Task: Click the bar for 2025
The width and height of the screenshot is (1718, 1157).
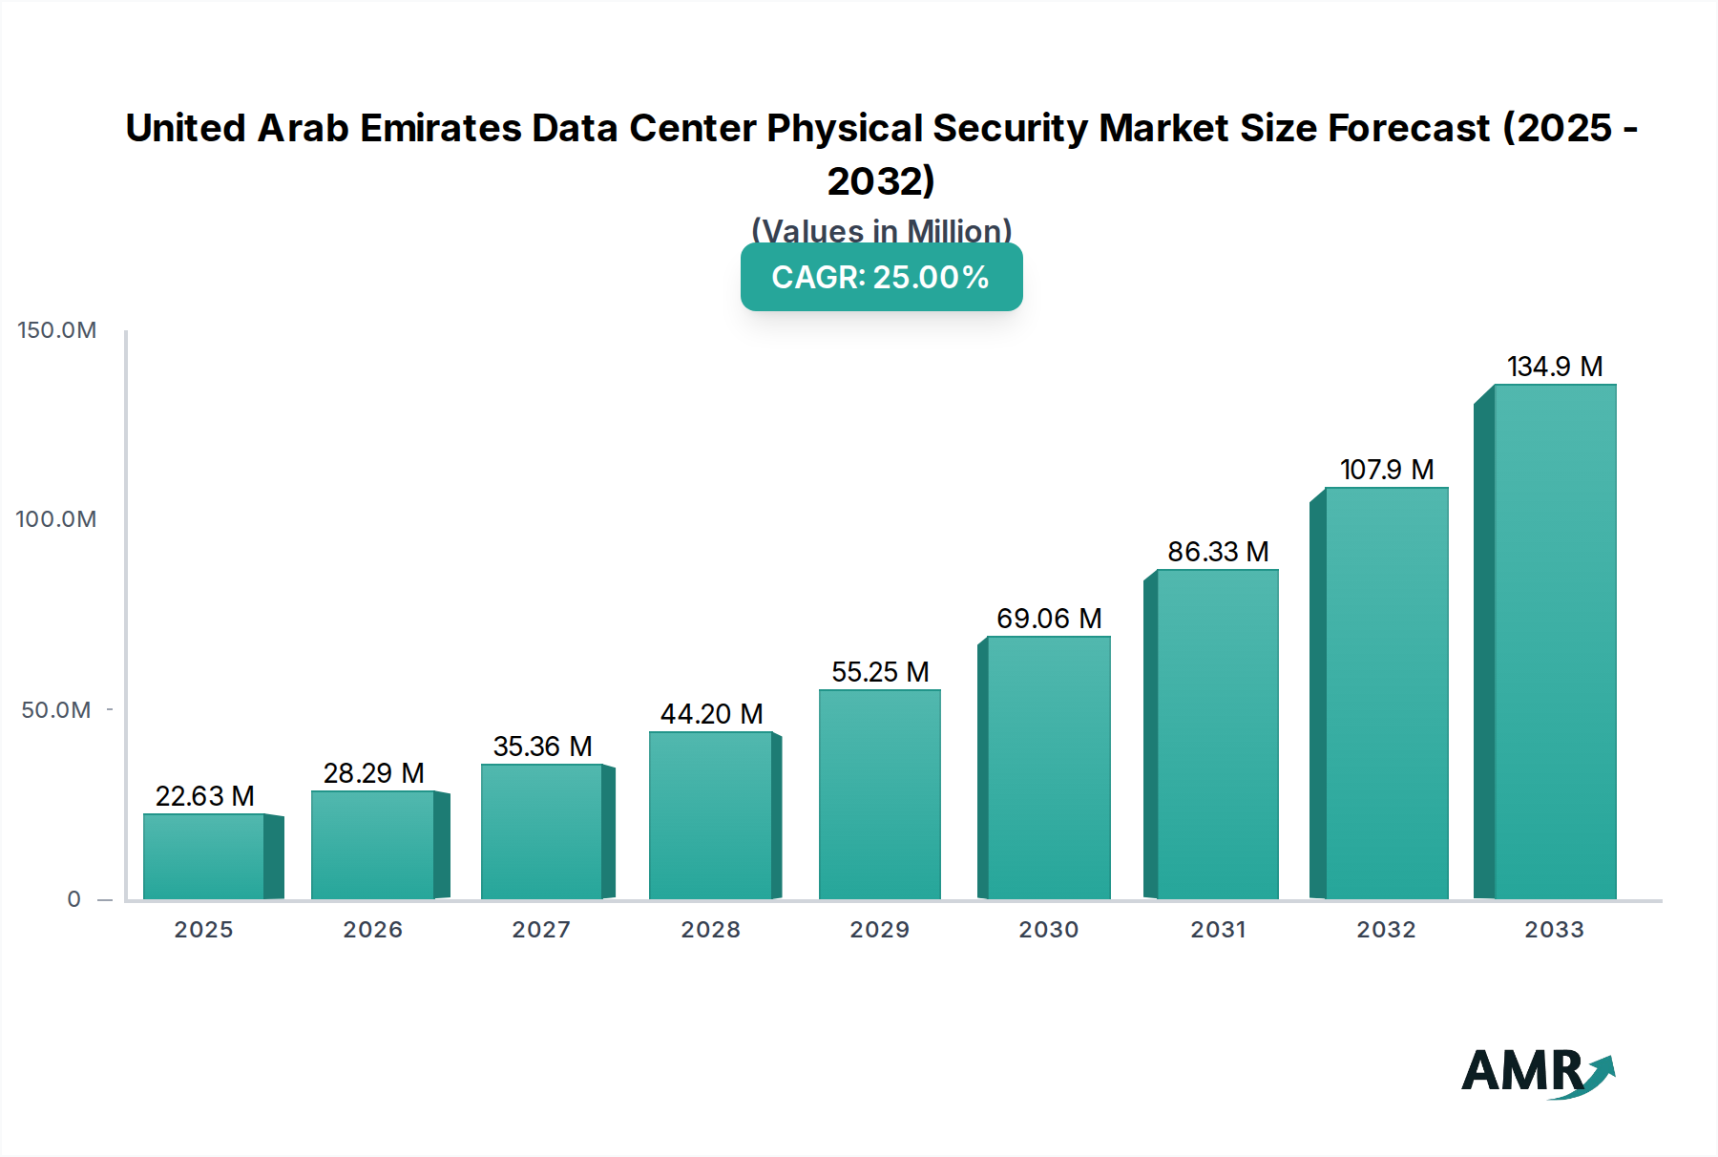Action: (x=204, y=856)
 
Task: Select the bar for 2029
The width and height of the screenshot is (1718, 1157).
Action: (x=879, y=794)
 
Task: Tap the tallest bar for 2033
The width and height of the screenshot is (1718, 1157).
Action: (x=1554, y=642)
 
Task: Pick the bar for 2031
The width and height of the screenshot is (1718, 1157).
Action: (x=1217, y=734)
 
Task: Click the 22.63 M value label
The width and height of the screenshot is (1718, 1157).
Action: (x=204, y=796)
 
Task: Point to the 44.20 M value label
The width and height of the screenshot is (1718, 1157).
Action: (x=711, y=714)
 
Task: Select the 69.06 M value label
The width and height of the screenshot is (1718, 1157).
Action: (x=1049, y=619)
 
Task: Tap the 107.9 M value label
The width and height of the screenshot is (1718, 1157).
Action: (x=1386, y=470)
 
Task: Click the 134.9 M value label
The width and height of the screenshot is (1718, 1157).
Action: (x=1554, y=367)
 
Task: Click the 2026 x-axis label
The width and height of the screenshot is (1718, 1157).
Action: (x=372, y=930)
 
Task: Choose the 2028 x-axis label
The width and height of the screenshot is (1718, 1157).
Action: (x=710, y=930)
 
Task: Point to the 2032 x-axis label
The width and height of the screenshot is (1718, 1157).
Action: (x=1386, y=930)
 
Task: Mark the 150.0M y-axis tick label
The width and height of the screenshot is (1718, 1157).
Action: (x=56, y=330)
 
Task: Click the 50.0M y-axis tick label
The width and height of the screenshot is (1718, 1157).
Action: (x=56, y=710)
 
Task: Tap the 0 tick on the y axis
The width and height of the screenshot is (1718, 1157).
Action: (x=73, y=899)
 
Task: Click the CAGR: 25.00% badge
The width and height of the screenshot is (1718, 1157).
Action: (x=881, y=277)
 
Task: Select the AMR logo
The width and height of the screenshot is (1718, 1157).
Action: (x=1537, y=1073)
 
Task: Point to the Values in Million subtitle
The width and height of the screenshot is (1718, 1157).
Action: (x=881, y=231)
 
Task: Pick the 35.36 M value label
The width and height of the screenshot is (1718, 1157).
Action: (x=542, y=747)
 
